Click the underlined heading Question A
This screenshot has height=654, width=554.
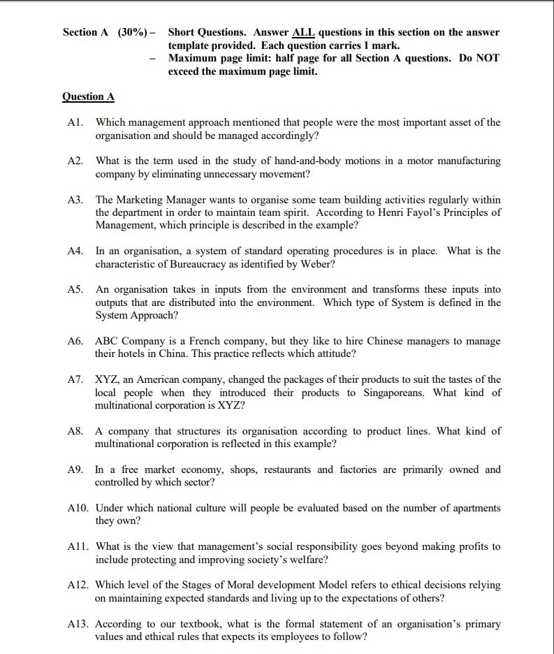88,96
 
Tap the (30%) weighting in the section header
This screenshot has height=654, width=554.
131,32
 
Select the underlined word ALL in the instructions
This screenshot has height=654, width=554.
303,32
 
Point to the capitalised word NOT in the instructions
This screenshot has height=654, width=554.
487,58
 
